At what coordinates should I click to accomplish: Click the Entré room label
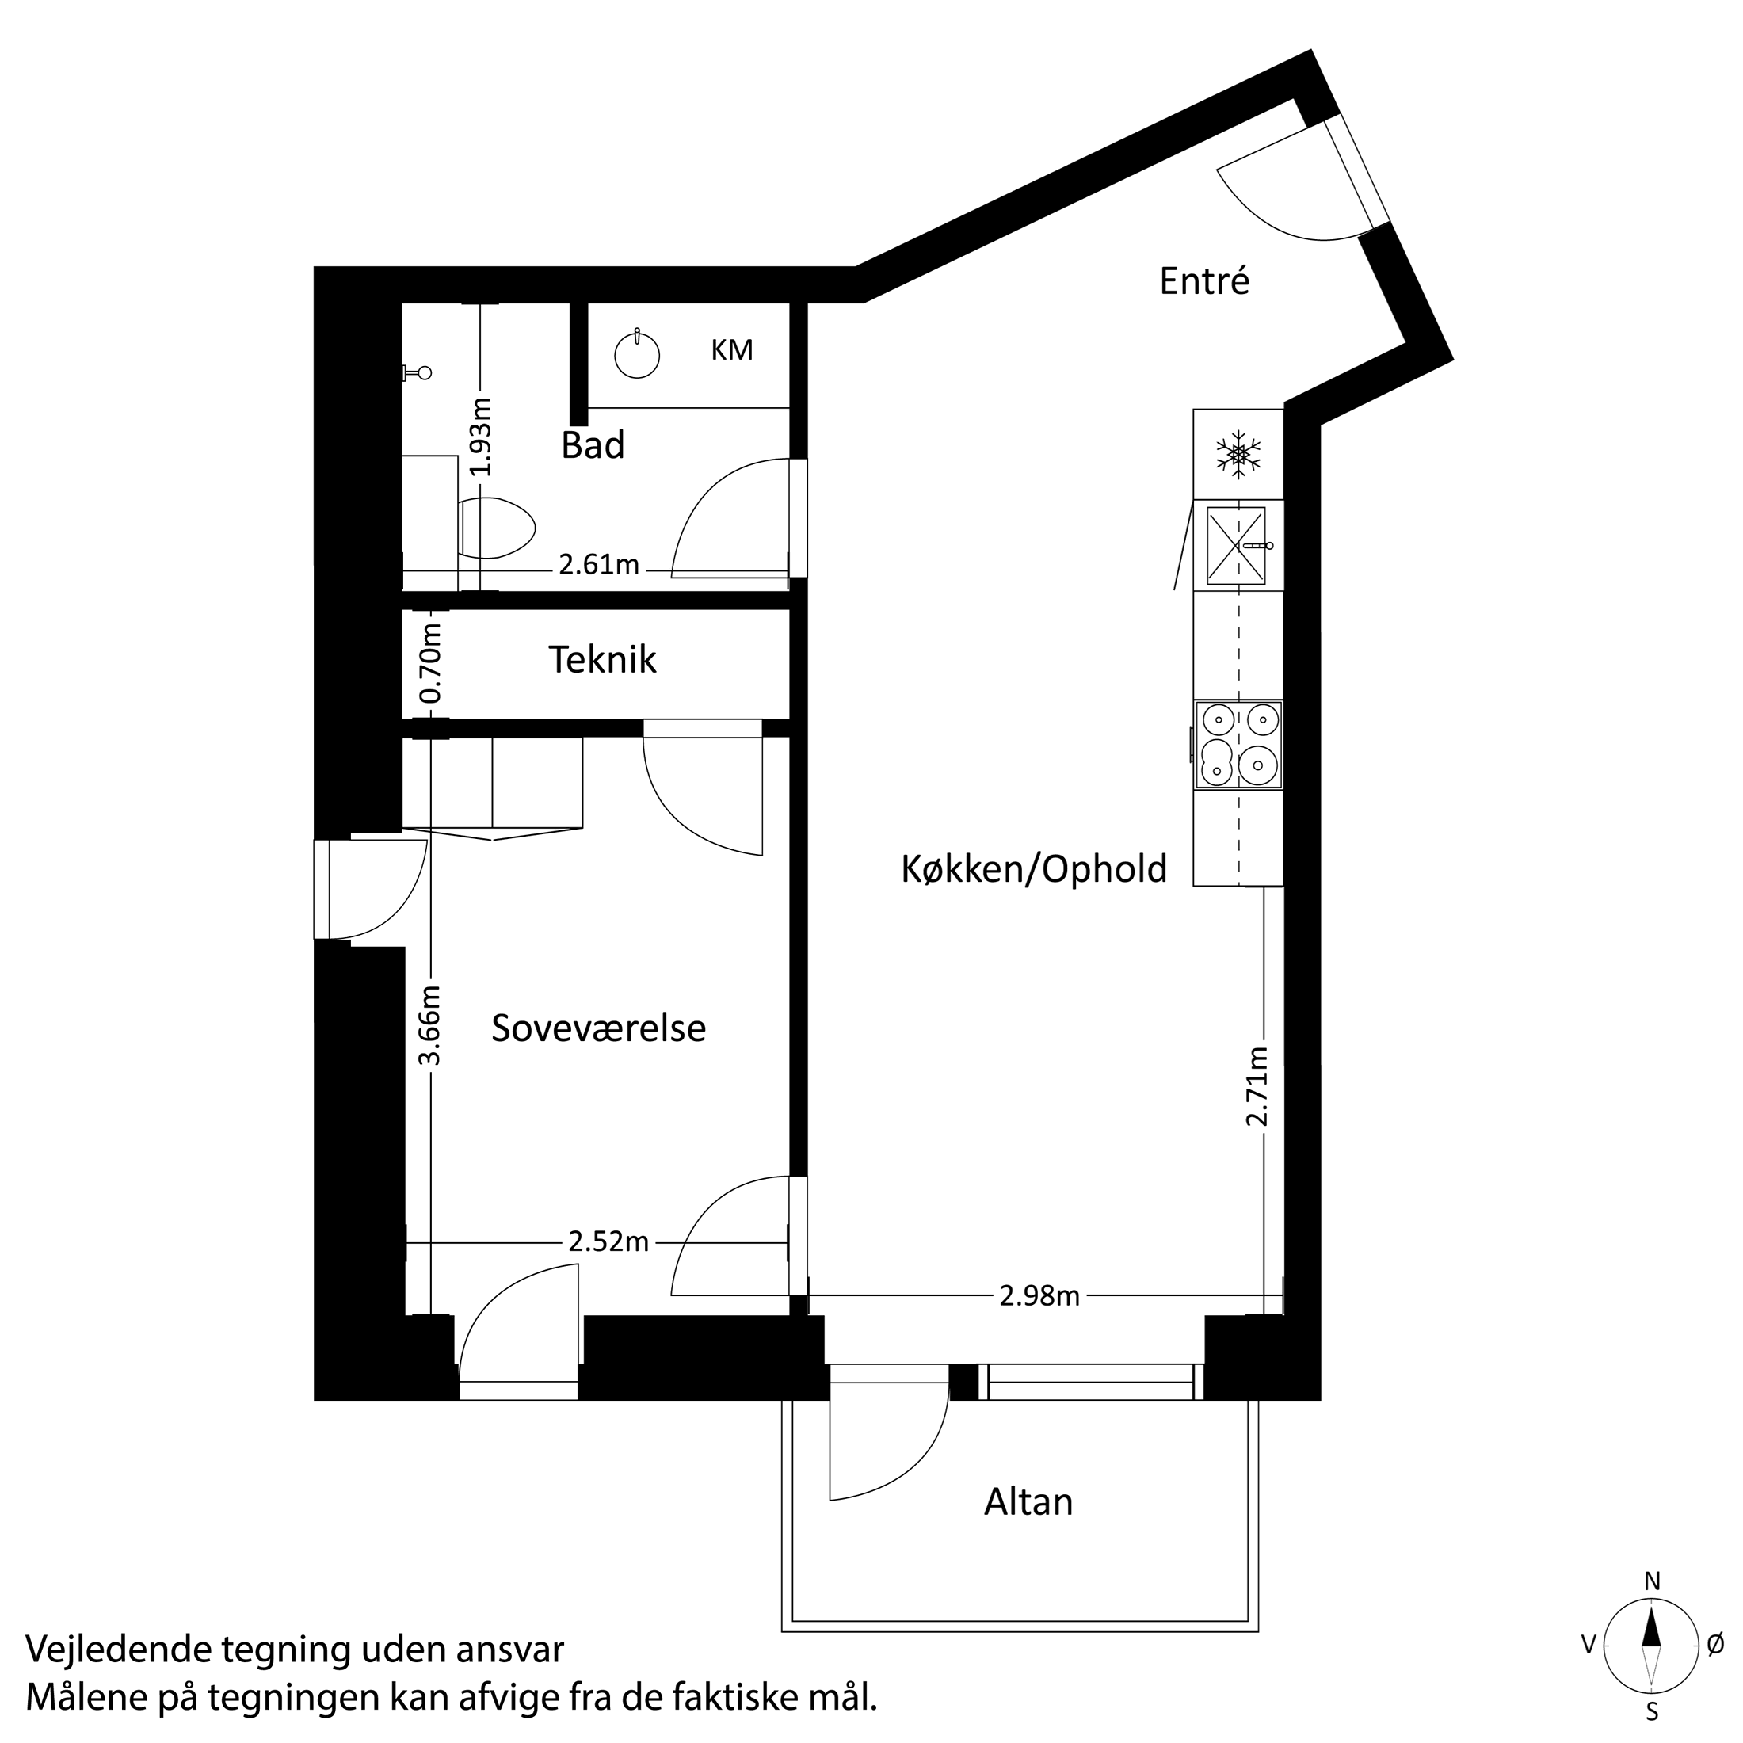(1203, 281)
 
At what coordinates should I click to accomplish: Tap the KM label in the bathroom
(731, 350)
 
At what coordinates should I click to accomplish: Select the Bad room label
(593, 446)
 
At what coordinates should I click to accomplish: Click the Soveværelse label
(598, 1028)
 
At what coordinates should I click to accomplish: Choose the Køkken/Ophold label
(1034, 869)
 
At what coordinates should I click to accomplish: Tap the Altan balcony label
(1028, 1502)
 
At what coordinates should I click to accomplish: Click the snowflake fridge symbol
(1238, 454)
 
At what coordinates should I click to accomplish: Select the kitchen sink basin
(1236, 546)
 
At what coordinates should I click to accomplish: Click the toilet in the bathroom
(496, 527)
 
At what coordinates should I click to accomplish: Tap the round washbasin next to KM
(637, 356)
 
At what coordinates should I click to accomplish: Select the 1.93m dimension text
(481, 437)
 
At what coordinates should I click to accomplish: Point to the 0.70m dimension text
(431, 663)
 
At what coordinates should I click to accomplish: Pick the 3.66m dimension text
(431, 1025)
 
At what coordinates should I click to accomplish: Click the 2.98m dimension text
(1039, 1296)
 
